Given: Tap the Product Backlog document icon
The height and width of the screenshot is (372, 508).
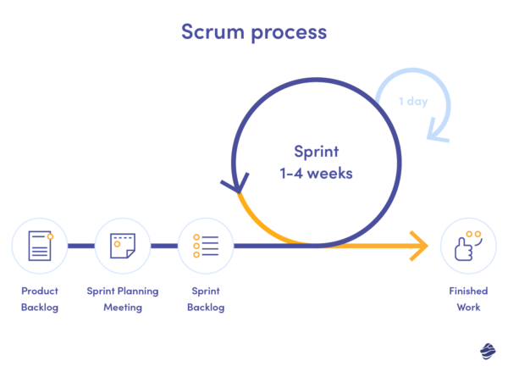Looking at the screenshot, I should click(39, 246).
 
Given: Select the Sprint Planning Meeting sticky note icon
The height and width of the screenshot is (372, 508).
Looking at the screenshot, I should click(122, 246).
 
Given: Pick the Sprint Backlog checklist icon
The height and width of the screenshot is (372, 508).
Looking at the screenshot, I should click(206, 246).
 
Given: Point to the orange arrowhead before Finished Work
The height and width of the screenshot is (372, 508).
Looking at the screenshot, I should click(418, 246).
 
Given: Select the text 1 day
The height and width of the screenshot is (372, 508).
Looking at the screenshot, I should click(414, 102).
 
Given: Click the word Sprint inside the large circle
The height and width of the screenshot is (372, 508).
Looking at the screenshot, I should click(315, 152).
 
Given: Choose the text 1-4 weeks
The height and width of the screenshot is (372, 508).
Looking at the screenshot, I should click(315, 172).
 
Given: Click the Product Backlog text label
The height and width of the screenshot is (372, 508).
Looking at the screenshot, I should click(40, 299).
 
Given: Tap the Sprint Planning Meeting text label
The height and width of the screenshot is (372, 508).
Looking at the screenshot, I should click(122, 299).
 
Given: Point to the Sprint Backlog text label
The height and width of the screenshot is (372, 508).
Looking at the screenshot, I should click(206, 299).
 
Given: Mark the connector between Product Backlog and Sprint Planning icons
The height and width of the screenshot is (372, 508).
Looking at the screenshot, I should click(80, 246).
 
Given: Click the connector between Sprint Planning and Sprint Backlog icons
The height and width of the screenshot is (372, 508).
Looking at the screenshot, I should click(164, 246).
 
